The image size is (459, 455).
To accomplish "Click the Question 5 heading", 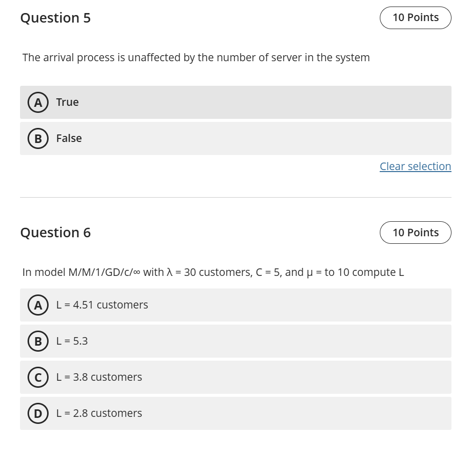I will click(x=56, y=18).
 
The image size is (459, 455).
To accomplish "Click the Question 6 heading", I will click(x=56, y=233).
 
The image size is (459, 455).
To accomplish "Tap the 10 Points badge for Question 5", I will click(x=415, y=18).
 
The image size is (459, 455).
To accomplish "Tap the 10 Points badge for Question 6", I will click(x=415, y=233).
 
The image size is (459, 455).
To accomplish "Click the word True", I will click(x=67, y=102).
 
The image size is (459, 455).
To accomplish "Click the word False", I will click(x=69, y=138).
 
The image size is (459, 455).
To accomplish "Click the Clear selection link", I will click(x=415, y=167).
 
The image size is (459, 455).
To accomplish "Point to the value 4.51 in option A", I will click(x=83, y=305).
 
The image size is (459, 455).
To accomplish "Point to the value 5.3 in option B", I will click(x=80, y=341).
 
